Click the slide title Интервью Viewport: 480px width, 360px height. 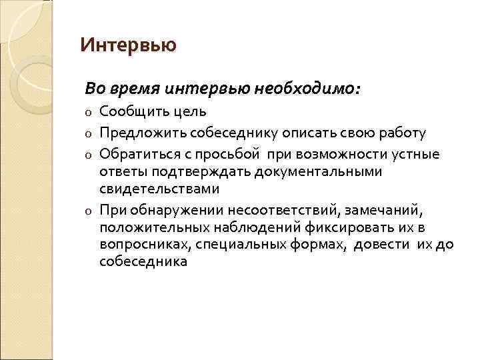pyautogui.click(x=128, y=45)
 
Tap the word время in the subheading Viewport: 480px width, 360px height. pyautogui.click(x=133, y=88)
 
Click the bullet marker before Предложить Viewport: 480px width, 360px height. pyautogui.click(x=88, y=133)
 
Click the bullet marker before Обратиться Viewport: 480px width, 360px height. pyautogui.click(x=88, y=155)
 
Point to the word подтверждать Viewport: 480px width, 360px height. pyautogui.click(x=189, y=172)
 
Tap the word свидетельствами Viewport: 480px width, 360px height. pyautogui.click(x=159, y=190)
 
